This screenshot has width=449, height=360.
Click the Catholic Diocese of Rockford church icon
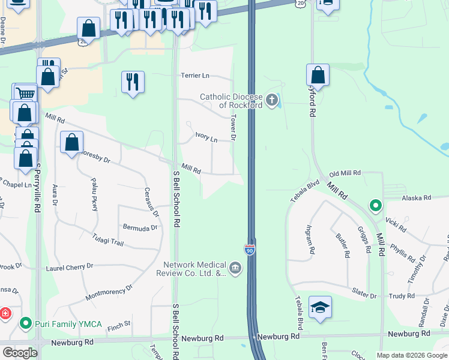click(273, 100)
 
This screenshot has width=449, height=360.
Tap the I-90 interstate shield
click(250, 249)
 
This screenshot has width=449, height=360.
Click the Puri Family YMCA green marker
click(25, 324)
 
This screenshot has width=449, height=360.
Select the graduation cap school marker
click(320, 308)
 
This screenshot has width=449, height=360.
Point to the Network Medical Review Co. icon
click(235, 268)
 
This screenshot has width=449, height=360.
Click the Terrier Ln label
click(196, 76)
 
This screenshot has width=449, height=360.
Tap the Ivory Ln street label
click(206, 138)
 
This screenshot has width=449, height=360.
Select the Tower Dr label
click(234, 128)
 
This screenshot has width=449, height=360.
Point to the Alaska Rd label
click(417, 197)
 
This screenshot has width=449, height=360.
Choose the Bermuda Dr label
click(140, 228)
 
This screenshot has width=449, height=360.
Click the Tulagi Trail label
click(107, 240)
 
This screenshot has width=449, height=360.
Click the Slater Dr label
click(364, 296)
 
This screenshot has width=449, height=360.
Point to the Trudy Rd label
click(402, 296)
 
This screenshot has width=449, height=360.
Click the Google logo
click(20, 353)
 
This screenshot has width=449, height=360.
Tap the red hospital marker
click(5, 314)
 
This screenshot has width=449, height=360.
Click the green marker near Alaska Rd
click(376, 206)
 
